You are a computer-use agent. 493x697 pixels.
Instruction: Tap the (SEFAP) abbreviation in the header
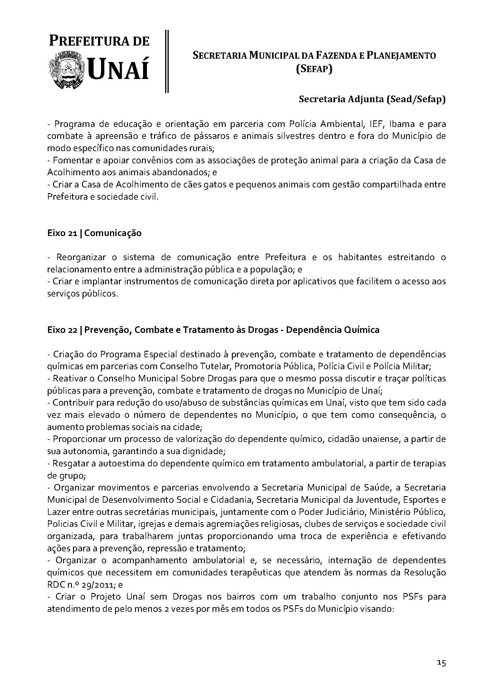(314, 69)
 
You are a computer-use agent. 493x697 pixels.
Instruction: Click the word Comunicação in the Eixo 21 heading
(113, 233)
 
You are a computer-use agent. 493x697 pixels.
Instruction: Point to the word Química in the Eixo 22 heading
(363, 330)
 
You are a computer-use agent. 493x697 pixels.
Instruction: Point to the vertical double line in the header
(167, 61)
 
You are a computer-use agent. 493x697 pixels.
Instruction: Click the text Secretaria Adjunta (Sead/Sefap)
(372, 100)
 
